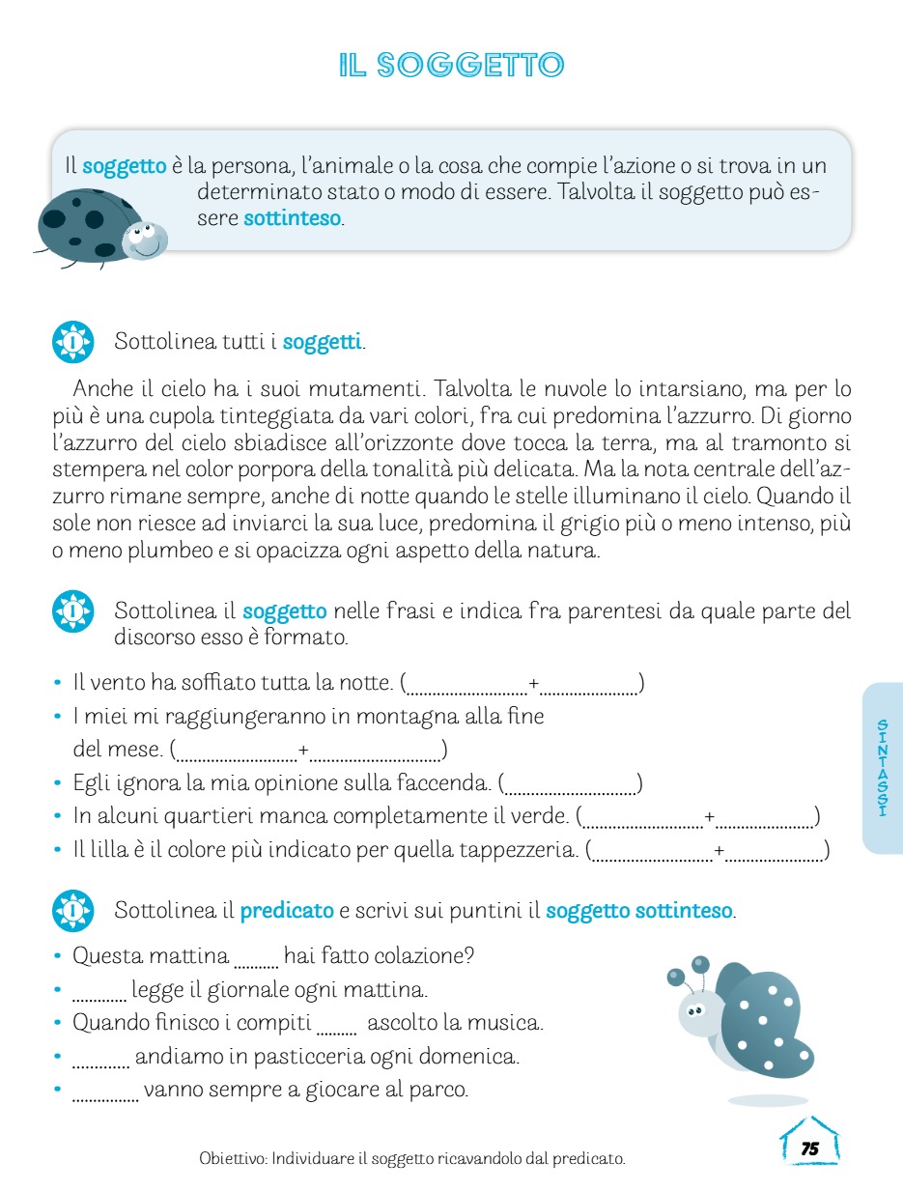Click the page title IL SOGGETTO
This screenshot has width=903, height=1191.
451,65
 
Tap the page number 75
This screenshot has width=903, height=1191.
809,1148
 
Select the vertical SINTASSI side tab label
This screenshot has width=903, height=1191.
882,768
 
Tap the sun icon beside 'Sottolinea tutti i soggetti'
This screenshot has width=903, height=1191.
72,342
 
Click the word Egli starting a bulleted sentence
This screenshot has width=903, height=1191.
92,782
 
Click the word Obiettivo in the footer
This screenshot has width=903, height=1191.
232,1157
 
